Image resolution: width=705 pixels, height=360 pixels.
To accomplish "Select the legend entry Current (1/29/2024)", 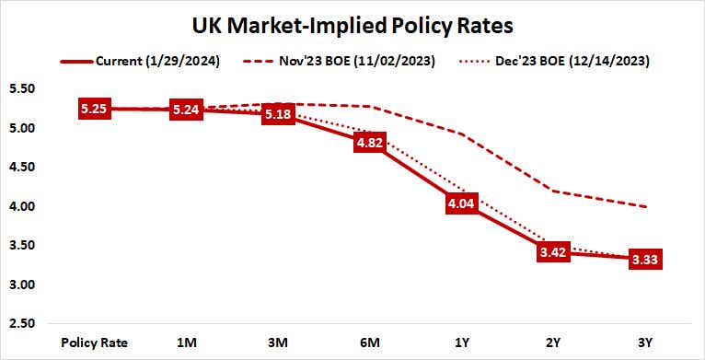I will click(x=148, y=62).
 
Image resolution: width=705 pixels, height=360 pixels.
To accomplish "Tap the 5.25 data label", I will click(x=95, y=109).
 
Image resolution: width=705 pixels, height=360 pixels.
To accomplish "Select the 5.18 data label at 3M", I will click(x=279, y=114).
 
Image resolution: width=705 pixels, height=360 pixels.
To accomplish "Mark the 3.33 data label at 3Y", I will click(x=647, y=260).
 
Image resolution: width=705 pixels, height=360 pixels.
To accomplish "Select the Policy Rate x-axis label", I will click(x=95, y=343).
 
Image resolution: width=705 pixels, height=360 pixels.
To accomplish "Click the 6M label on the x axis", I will click(x=371, y=343).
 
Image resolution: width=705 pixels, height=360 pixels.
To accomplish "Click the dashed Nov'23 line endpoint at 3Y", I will click(x=647, y=207).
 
